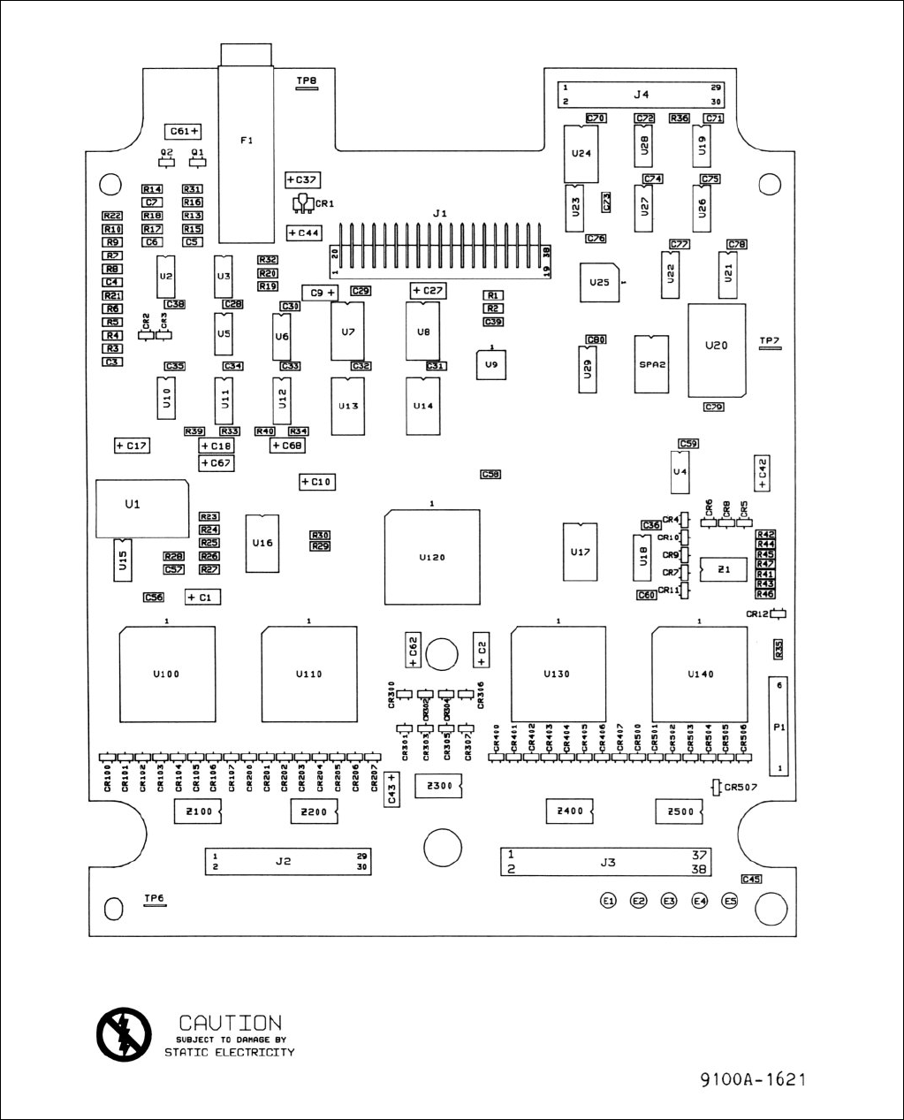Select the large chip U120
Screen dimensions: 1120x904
(x=432, y=556)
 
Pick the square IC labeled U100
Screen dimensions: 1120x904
(x=167, y=674)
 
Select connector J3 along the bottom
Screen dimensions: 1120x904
(x=607, y=862)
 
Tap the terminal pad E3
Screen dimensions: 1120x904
(x=669, y=901)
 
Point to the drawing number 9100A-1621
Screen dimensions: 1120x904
(x=753, y=1079)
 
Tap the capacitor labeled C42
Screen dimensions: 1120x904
(x=763, y=472)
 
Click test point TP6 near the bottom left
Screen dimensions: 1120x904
(x=155, y=901)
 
